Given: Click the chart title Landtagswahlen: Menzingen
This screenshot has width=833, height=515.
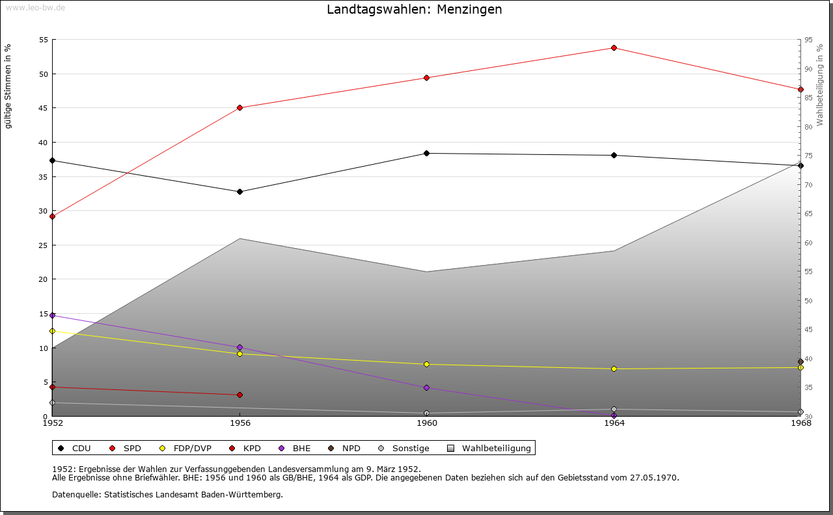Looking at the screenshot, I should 415,10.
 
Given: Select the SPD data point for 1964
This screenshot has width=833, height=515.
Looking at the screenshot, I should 614,48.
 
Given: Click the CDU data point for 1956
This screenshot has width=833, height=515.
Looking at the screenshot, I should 239,191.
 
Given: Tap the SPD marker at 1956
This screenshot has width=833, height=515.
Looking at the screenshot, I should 239,107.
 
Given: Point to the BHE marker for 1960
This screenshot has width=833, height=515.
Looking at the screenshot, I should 427,387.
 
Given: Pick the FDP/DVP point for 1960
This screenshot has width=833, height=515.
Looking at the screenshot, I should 427,364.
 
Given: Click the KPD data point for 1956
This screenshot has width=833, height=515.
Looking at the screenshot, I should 239,395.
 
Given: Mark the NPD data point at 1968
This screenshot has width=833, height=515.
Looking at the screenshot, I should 800,361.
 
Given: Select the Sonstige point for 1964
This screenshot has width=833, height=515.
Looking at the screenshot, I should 614,409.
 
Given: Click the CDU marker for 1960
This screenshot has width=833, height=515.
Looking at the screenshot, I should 427,153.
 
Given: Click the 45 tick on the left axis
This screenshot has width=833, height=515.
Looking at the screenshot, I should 44,108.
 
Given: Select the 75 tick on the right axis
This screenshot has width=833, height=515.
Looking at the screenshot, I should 808,156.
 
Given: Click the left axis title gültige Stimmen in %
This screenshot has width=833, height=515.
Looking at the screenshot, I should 8,86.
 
